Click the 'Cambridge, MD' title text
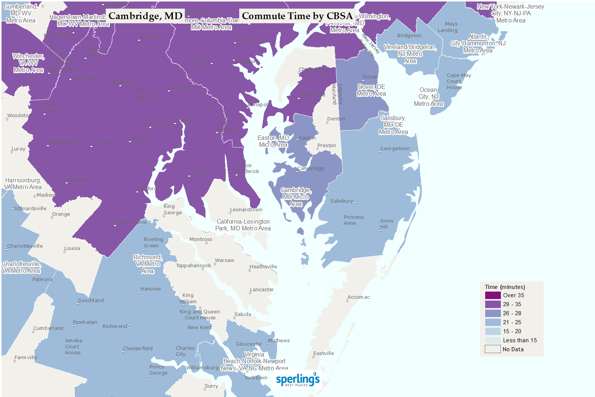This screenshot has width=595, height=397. (x=145, y=16)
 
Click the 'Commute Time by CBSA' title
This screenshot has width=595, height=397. (x=297, y=16)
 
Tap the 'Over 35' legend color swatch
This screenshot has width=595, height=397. (x=493, y=295)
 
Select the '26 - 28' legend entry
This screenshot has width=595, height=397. (x=512, y=313)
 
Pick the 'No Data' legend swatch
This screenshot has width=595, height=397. (x=493, y=349)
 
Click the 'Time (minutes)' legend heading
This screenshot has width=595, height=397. (x=505, y=287)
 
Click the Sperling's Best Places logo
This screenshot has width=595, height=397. (x=298, y=380)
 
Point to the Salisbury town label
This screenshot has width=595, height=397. (x=342, y=201)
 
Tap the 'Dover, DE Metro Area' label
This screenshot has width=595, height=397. (x=371, y=90)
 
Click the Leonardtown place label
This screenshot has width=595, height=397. (x=246, y=210)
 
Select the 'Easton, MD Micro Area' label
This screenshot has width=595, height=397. (x=273, y=141)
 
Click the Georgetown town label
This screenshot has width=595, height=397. (x=395, y=149)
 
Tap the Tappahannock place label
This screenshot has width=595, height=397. (x=193, y=266)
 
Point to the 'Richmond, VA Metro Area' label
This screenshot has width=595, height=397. (x=148, y=264)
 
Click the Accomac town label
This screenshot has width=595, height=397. (x=359, y=297)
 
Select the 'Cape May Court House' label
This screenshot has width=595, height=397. (x=459, y=81)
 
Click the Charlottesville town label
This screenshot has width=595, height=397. (x=25, y=246)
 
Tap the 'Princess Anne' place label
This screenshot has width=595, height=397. (x=354, y=220)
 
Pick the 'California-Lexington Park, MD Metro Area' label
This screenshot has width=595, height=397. (x=243, y=225)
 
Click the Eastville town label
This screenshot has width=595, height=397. (x=324, y=353)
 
